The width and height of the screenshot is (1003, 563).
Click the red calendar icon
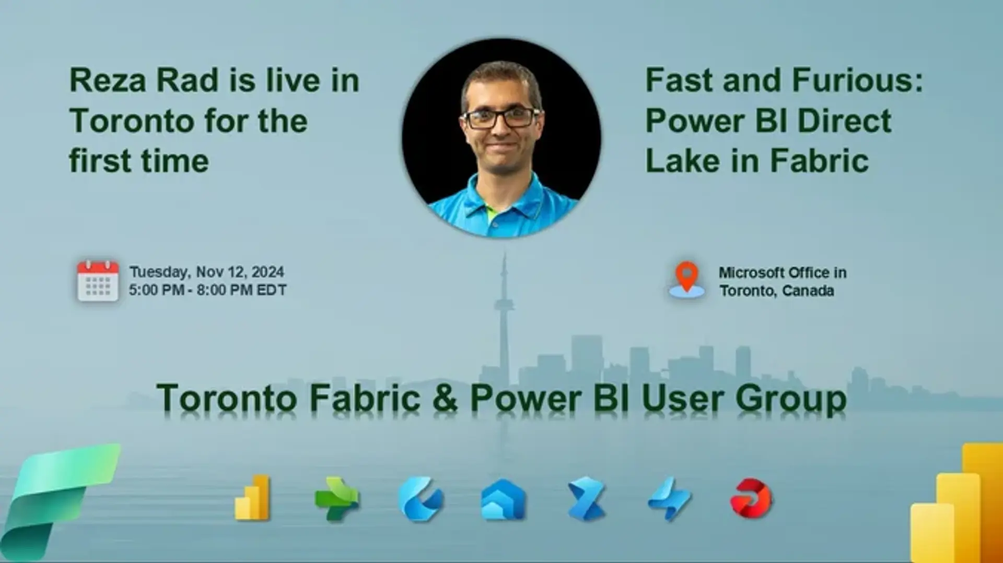point(98,281)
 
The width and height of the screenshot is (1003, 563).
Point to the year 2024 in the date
point(267,272)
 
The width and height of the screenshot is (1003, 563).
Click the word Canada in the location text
point(808,291)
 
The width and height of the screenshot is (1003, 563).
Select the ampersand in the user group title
point(446,398)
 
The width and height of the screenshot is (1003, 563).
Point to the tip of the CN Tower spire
point(504,254)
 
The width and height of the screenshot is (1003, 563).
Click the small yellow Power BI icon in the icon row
point(252,498)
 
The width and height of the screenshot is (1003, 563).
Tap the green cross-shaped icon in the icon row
point(337,499)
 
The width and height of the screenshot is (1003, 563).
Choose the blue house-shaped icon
point(503,499)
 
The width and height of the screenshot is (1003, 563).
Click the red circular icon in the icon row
point(751,499)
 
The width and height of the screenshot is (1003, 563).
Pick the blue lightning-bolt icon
point(670,499)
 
